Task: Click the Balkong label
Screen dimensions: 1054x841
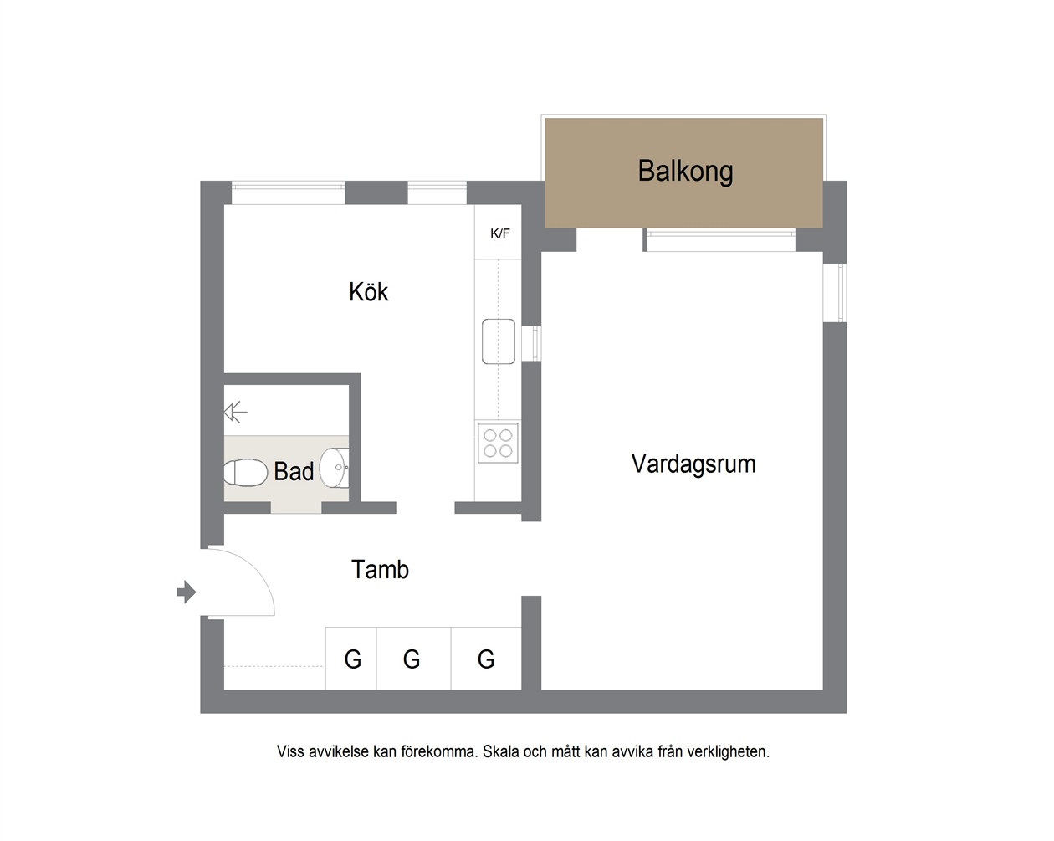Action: pos(685,171)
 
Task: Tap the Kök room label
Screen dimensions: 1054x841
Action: pos(368,291)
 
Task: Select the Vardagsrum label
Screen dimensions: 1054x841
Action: pos(693,464)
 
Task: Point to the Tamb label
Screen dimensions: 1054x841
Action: pos(380,570)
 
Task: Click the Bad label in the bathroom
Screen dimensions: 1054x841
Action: pos(294,471)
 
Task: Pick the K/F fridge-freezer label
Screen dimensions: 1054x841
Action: pos(500,233)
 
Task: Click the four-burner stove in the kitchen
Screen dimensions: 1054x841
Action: pos(498,443)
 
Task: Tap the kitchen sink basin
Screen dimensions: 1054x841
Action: pos(498,341)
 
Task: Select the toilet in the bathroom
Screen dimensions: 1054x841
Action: pos(245,473)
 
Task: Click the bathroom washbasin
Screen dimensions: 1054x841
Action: pos(335,468)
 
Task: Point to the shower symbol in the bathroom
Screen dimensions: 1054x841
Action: pos(235,412)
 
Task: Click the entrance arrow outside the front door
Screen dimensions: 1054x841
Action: pos(186,592)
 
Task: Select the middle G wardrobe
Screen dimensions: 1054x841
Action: pos(413,659)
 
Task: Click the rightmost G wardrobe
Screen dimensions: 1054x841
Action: pos(486,659)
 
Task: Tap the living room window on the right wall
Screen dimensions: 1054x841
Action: pos(835,293)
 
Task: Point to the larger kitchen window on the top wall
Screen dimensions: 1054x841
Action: pos(288,192)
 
